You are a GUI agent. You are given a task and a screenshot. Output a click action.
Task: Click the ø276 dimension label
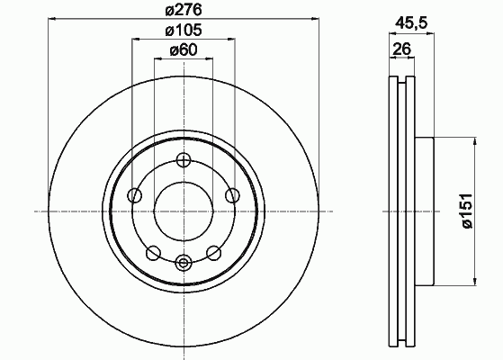pyautogui.click(x=184, y=10)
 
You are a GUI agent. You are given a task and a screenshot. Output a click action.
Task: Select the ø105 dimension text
pyautogui.click(x=184, y=31)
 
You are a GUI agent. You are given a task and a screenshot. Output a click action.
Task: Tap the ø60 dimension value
pyautogui.click(x=184, y=50)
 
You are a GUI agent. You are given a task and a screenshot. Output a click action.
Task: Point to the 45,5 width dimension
pyautogui.click(x=411, y=22)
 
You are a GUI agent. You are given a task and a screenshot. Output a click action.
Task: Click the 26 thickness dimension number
pyautogui.click(x=402, y=49)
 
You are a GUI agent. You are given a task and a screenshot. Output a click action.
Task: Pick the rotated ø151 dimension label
pyautogui.click(x=467, y=211)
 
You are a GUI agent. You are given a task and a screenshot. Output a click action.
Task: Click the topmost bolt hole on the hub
pyautogui.click(x=184, y=160)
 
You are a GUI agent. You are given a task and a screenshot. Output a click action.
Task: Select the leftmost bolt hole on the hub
pyautogui.click(x=135, y=195)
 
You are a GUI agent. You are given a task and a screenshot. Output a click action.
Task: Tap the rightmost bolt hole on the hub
pyautogui.click(x=232, y=195)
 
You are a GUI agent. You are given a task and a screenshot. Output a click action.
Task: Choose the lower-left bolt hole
pyautogui.click(x=153, y=253)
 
